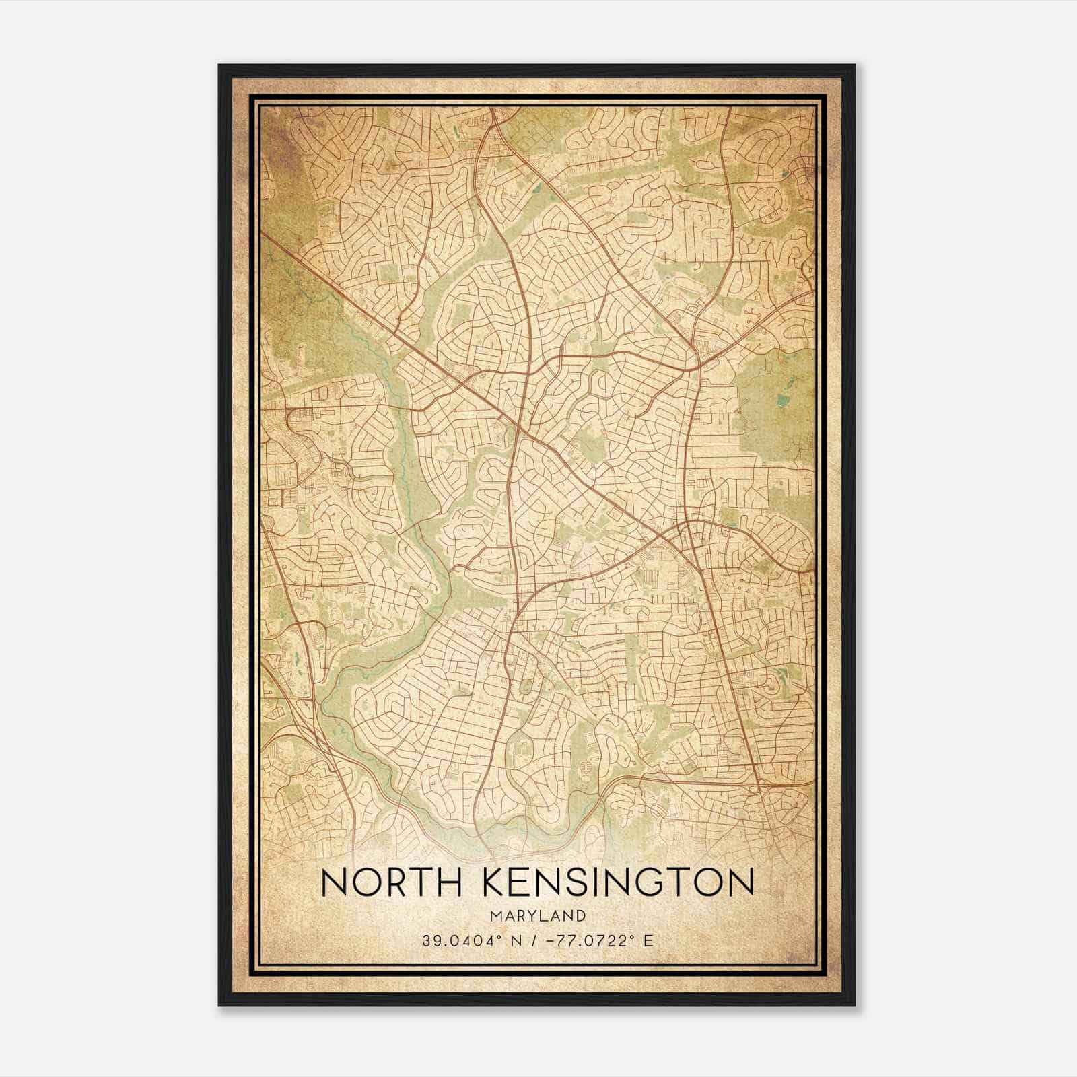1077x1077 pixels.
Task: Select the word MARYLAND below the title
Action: pos(537,916)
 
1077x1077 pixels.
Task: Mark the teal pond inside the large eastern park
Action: pos(781,401)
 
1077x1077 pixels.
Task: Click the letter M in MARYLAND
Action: pos(495,916)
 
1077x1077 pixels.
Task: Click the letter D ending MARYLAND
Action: pos(581,916)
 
